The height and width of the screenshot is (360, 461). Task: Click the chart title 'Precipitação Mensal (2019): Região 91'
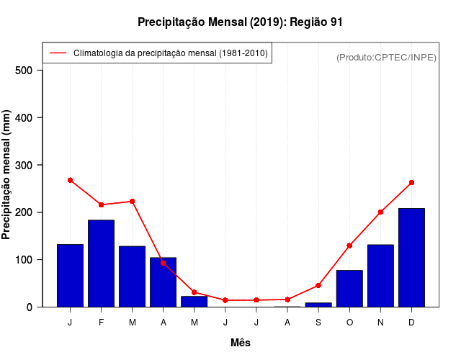pyautogui.click(x=240, y=22)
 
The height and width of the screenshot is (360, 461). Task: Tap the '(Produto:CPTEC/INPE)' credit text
pyautogui.click(x=387, y=58)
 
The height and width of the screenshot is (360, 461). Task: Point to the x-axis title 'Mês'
pyautogui.click(x=241, y=343)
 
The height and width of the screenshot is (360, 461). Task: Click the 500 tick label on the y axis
pyautogui.click(x=24, y=71)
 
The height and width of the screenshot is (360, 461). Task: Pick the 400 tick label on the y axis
pyautogui.click(x=24, y=117)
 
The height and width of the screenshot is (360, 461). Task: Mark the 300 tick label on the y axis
pyautogui.click(x=24, y=165)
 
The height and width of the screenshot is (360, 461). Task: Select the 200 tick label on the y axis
pyautogui.click(x=24, y=212)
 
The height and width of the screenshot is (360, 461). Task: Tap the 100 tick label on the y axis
pyautogui.click(x=24, y=259)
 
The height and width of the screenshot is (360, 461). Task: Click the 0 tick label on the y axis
pyautogui.click(x=30, y=307)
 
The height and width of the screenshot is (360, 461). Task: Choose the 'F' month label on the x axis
pyautogui.click(x=102, y=323)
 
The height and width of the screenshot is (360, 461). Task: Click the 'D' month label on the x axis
pyautogui.click(x=411, y=323)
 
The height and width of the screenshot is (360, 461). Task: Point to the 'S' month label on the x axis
pyautogui.click(x=318, y=323)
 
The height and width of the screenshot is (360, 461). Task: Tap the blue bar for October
pyautogui.click(x=349, y=289)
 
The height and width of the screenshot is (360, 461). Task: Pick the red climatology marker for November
pyautogui.click(x=380, y=212)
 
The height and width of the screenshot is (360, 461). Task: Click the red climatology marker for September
pyautogui.click(x=318, y=285)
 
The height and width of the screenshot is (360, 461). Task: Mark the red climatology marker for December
pyautogui.click(x=411, y=183)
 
